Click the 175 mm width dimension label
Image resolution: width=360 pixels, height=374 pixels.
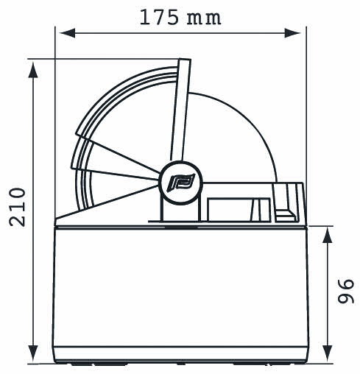click(x=180, y=18)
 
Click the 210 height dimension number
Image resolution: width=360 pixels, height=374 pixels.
click(x=17, y=207)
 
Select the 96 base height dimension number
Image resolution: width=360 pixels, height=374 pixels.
click(x=346, y=291)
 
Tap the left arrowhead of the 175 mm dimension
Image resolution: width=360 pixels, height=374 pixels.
click(x=67, y=33)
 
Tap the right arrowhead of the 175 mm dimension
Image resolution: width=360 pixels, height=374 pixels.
click(x=292, y=33)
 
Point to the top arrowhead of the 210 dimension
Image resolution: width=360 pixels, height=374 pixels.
click(x=33, y=69)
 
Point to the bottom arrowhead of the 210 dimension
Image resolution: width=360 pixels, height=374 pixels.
click(x=33, y=353)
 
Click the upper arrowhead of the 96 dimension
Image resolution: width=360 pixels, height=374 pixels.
click(x=327, y=235)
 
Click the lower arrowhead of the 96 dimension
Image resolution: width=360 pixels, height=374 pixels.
click(x=327, y=353)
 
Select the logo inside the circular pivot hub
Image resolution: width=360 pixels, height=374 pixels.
click(x=181, y=183)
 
